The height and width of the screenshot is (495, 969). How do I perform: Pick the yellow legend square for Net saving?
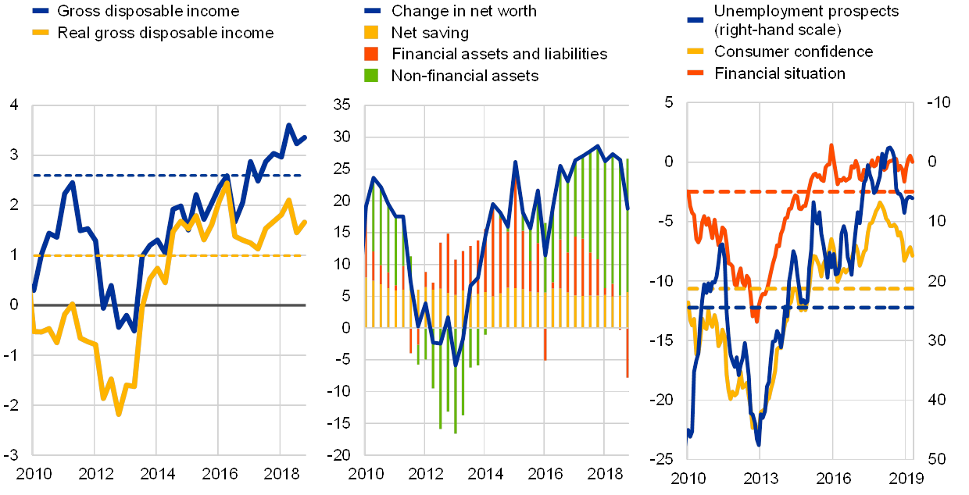point(372,33)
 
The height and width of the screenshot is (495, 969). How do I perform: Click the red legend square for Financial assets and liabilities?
point(372,54)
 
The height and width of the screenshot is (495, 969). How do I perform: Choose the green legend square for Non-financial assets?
point(372,75)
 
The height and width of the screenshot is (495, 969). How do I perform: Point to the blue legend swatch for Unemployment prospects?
point(695,18)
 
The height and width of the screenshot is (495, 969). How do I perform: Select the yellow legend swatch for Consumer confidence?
point(695,52)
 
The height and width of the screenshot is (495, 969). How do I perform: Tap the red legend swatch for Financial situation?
point(695,73)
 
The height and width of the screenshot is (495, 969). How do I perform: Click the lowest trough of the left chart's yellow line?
point(119,413)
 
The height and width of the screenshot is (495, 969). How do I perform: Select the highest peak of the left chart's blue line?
point(288,125)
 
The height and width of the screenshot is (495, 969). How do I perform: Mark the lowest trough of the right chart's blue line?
point(758,443)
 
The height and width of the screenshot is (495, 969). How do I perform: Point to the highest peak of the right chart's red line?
point(831,145)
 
